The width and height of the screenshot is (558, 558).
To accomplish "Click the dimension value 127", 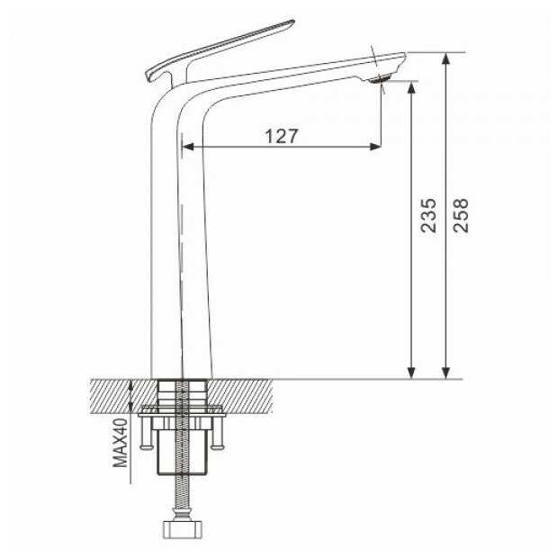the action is [x=281, y=136].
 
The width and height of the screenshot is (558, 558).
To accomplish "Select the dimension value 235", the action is [x=428, y=216].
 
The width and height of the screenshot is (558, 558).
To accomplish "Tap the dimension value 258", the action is [x=461, y=216].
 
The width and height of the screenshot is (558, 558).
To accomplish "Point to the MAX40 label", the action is [x=121, y=443].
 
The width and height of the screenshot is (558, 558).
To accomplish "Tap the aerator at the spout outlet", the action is [x=380, y=79].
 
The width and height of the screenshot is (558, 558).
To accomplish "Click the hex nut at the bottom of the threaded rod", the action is [x=184, y=530].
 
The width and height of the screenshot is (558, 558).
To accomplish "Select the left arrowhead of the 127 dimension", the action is [x=187, y=147].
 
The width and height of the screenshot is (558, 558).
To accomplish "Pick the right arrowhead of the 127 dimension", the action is [x=375, y=147].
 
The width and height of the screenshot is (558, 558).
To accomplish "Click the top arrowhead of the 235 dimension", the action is [x=411, y=87].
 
